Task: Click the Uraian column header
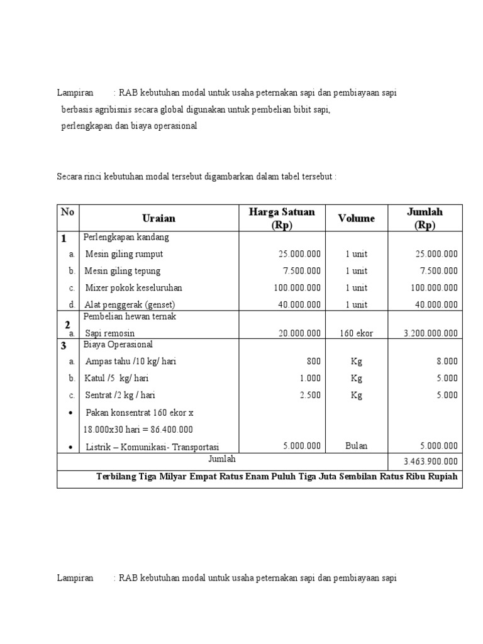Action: pos(158,218)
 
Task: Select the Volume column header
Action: pos(356,218)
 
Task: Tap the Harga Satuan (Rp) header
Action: pos(282,218)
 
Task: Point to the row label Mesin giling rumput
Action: pos(124,254)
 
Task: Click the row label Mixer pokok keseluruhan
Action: pos(133,287)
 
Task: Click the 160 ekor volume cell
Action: pos(356,333)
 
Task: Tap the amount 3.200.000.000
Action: pos(431,333)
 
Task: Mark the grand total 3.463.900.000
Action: pos(431,462)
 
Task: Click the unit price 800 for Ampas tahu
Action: pos(313,362)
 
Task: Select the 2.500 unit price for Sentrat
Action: pos(309,395)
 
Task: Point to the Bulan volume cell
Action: pos(356,446)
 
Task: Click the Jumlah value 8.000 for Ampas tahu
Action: pos(446,362)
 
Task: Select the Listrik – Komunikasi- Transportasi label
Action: pos(152,447)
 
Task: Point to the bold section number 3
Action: pos(64,346)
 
